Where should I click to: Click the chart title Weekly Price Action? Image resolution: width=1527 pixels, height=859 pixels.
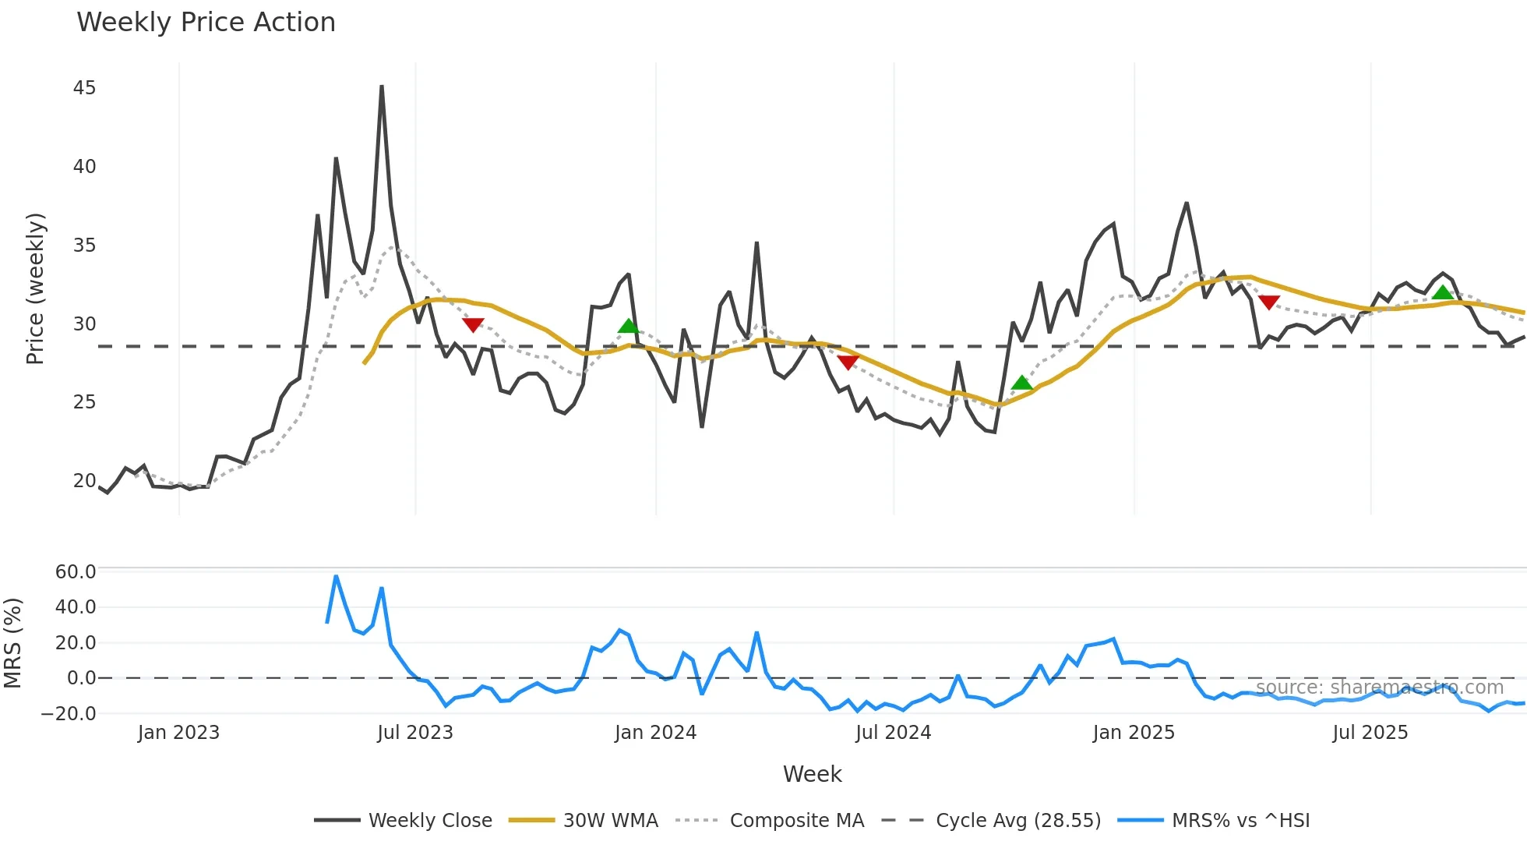(206, 23)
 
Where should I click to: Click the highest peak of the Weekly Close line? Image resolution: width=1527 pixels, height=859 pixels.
(382, 87)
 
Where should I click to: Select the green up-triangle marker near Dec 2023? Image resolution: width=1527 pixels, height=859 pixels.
(628, 326)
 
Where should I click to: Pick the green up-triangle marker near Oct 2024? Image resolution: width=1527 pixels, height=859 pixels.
(1021, 383)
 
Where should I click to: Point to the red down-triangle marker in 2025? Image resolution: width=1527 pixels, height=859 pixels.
(1269, 302)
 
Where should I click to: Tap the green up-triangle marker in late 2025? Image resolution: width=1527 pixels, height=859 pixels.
(1443, 292)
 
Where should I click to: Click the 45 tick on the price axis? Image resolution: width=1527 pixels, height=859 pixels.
(84, 88)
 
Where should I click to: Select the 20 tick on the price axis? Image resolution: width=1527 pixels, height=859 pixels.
(84, 481)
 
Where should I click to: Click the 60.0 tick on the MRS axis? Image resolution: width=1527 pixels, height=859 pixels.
(75, 572)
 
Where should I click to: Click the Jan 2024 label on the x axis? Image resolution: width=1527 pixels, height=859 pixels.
(655, 733)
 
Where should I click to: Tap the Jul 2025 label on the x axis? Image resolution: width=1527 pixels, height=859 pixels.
(1370, 733)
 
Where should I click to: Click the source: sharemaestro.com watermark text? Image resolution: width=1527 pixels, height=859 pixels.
(1379, 688)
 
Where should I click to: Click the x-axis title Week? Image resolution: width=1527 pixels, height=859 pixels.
(812, 774)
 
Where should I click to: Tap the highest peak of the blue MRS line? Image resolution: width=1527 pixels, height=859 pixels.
(336, 577)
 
